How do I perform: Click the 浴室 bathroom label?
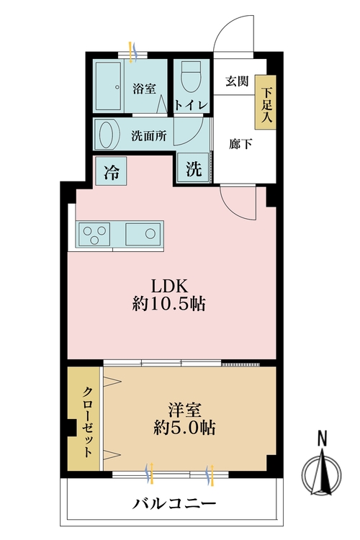(144, 89)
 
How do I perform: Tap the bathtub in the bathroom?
(110, 85)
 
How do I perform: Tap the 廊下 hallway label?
(240, 143)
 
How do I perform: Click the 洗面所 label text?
(149, 134)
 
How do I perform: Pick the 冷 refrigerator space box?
(112, 171)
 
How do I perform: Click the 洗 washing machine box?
(194, 170)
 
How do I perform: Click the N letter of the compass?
(323, 438)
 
